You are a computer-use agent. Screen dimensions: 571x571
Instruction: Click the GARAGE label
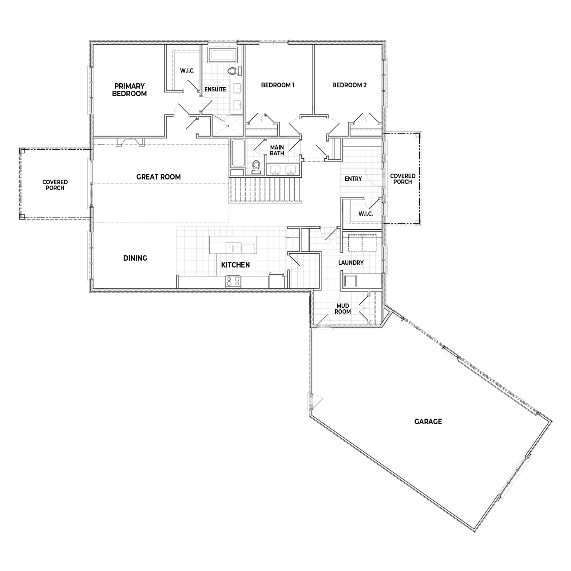[428, 422]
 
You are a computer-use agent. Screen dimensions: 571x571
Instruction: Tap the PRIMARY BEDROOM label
[129, 90]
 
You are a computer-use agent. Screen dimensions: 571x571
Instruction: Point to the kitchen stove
[233, 281]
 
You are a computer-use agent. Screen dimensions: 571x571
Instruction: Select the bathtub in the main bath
[237, 154]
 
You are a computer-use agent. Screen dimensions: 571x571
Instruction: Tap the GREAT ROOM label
[158, 177]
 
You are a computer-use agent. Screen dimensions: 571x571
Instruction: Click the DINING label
[135, 258]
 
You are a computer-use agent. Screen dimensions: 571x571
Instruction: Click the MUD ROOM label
[342, 309]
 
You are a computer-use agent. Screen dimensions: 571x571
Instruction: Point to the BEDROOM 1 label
[278, 85]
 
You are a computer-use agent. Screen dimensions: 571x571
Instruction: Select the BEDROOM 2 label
[349, 85]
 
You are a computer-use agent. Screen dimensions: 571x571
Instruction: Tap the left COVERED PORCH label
[55, 185]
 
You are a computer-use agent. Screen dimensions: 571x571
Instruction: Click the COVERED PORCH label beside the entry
[403, 179]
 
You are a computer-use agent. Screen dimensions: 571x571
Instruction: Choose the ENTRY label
[353, 179]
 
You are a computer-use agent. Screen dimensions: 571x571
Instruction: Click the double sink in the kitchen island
[233, 248]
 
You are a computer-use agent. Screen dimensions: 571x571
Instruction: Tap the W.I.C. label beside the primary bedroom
[187, 71]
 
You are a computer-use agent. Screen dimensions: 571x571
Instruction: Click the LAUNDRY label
[351, 263]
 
